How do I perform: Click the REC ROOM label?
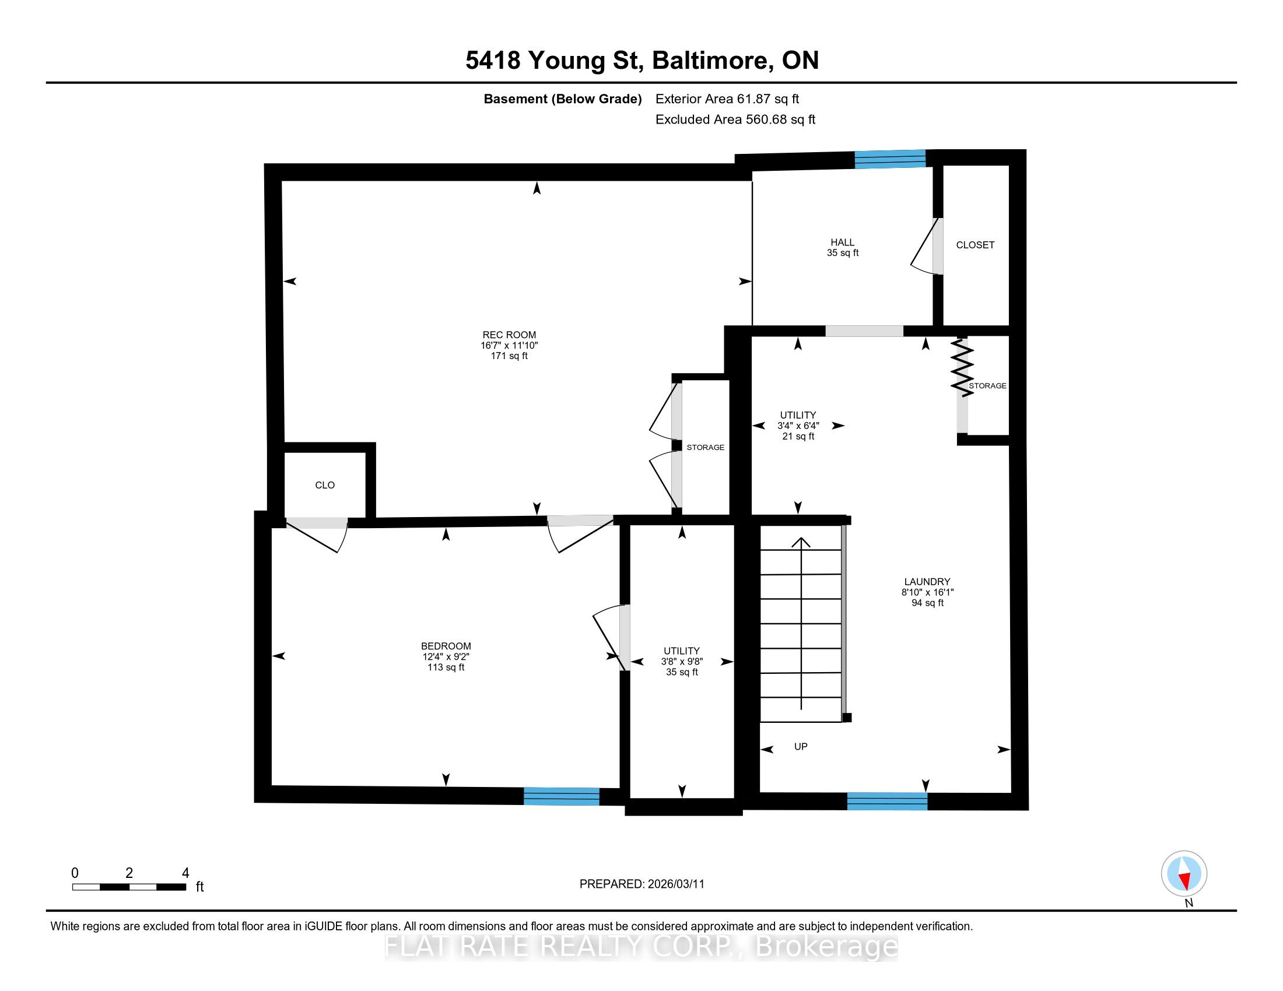click(x=509, y=335)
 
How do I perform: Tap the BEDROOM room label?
click(x=446, y=646)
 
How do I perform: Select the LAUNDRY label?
click(x=927, y=581)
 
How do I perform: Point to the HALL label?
click(x=843, y=242)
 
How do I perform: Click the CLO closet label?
click(x=325, y=485)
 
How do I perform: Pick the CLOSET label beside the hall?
click(x=975, y=245)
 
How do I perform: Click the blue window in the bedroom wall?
click(x=562, y=796)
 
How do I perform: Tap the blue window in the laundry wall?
click(x=887, y=802)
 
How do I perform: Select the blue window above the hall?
click(x=890, y=159)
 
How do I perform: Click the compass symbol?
click(x=1184, y=873)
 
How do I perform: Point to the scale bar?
click(x=129, y=887)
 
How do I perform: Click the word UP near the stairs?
click(x=801, y=746)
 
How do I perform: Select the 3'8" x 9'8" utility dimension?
click(x=681, y=661)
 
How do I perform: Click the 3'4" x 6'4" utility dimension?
click(x=798, y=425)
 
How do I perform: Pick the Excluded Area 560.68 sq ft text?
click(x=735, y=119)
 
